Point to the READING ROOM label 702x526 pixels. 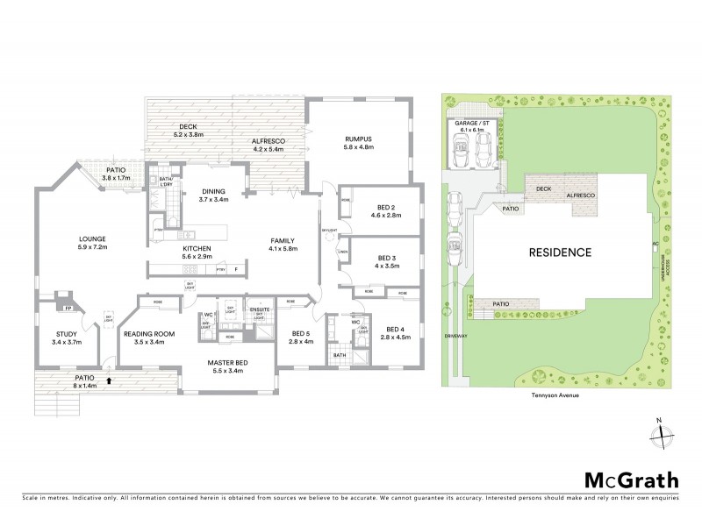point(148,338)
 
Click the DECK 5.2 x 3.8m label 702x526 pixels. point(188,131)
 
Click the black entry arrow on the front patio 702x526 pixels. point(108,380)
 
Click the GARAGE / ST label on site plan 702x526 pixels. point(472,125)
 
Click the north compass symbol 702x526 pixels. point(663,435)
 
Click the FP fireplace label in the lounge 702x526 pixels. point(67,308)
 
